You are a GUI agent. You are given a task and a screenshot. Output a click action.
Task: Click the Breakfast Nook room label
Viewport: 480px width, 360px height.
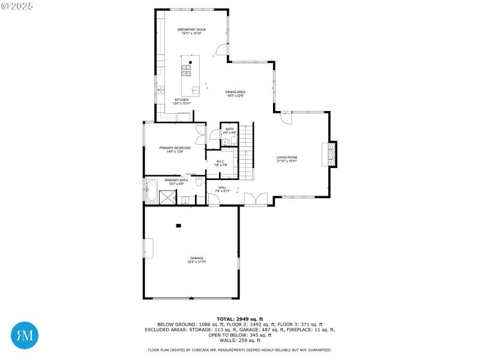pyautogui.click(x=191, y=31)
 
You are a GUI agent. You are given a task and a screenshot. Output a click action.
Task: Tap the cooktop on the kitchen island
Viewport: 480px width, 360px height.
pyautogui.click(x=187, y=70)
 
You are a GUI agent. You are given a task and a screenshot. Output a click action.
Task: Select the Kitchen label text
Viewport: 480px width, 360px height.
pyautogui.click(x=181, y=101)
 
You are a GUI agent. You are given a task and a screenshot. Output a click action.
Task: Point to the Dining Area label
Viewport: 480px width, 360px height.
pyautogui.click(x=236, y=94)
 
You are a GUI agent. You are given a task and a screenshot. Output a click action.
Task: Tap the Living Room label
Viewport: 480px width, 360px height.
pyautogui.click(x=287, y=159)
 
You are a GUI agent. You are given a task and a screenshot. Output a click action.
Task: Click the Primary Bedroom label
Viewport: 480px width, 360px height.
pyautogui.click(x=174, y=149)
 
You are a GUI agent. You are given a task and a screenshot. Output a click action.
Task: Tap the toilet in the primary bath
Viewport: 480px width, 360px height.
pyautogui.click(x=199, y=182)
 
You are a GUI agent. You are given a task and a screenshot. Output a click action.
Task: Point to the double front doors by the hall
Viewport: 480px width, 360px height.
pyautogui.click(x=256, y=199)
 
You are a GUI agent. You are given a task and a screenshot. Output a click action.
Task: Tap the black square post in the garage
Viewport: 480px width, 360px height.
pyautogui.click(x=178, y=226)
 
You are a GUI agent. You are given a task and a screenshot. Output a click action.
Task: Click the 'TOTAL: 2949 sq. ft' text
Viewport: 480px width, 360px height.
pyautogui.click(x=240, y=319)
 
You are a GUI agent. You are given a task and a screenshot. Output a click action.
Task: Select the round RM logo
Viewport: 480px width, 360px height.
pyautogui.click(x=25, y=335)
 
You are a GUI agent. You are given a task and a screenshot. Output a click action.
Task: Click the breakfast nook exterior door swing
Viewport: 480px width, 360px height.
pyautogui.click(x=221, y=50)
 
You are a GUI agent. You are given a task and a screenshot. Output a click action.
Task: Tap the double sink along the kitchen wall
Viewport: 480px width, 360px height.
pyautogui.click(x=161, y=90)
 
